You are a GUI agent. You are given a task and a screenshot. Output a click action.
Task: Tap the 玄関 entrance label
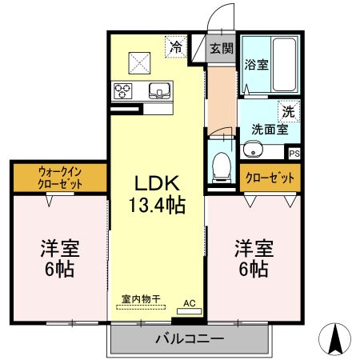coord(222,47)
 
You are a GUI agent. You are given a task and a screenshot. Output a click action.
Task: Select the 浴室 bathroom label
coord(256,65)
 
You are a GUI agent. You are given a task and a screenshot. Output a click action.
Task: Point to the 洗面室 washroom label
coord(270,128)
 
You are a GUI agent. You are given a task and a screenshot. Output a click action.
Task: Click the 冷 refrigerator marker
coord(175,47)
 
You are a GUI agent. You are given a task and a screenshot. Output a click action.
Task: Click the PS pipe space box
coord(294,153)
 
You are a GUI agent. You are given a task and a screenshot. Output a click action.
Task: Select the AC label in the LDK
coord(190,302)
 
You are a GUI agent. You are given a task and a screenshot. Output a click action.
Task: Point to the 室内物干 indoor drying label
coord(141,298)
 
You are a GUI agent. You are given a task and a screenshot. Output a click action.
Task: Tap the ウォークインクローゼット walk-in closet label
coord(60,177)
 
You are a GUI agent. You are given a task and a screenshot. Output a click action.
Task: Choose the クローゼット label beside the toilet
coord(270,178)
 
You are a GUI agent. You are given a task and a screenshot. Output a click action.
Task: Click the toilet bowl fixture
coord(222,164)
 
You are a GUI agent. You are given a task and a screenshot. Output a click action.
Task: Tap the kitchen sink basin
coord(158,89)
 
